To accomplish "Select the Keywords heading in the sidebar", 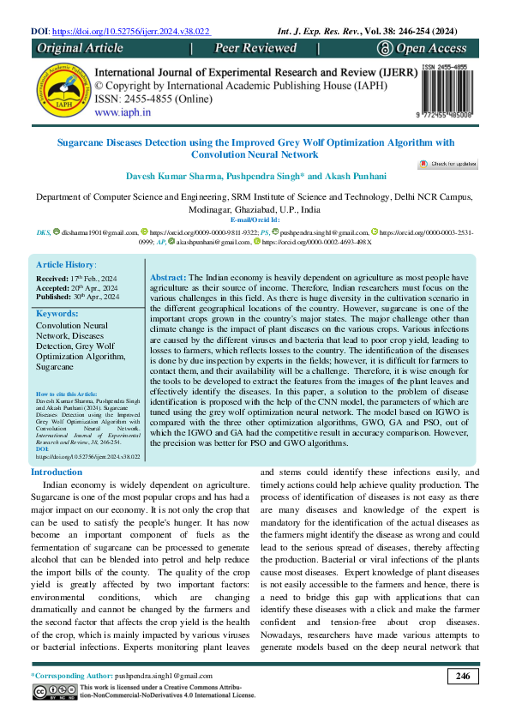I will coord(57,290).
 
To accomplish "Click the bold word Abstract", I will coord(167,256).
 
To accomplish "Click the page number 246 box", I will coord(463,677).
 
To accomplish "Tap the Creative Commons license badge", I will coord(55,691).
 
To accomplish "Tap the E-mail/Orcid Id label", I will coord(255,220).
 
